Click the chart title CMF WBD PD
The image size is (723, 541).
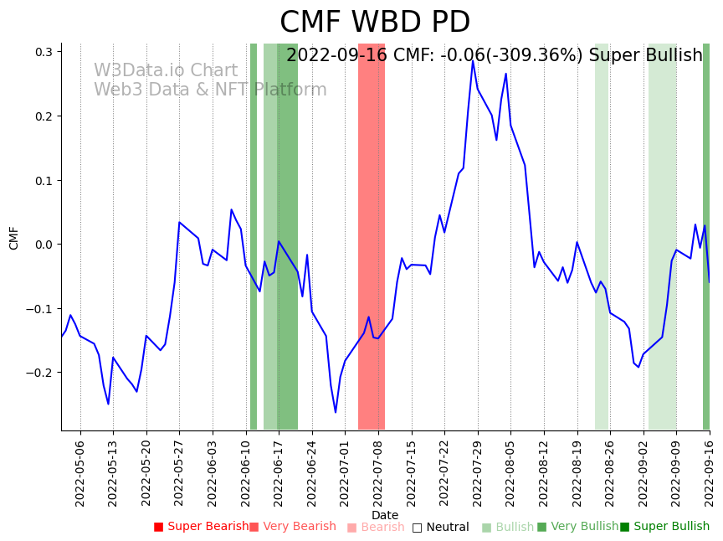tap(375, 23)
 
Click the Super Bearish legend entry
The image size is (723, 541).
tap(201, 527)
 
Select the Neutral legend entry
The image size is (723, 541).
tap(440, 528)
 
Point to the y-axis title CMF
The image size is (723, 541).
tap(14, 238)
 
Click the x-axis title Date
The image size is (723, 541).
tap(385, 516)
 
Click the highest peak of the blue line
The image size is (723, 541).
tap(473, 60)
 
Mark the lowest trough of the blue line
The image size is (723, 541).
tap(336, 412)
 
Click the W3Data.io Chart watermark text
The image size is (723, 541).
tap(166, 71)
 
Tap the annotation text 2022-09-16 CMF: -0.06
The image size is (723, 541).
tap(494, 56)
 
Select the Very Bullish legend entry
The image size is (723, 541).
tap(577, 527)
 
